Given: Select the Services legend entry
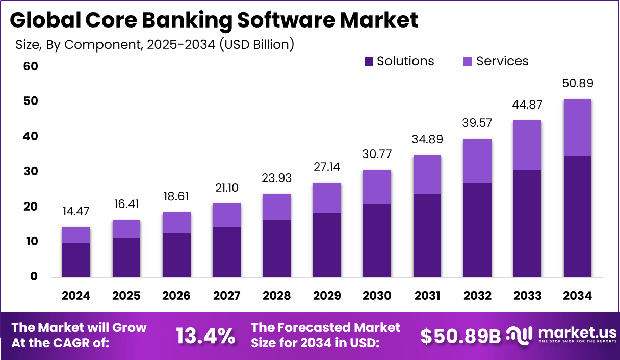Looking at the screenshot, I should (x=496, y=61).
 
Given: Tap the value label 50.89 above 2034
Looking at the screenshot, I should (x=578, y=84).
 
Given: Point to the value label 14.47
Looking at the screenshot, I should (x=76, y=212).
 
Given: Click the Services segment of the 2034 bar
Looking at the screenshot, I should (x=578, y=127).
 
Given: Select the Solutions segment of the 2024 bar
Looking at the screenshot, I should (x=76, y=260).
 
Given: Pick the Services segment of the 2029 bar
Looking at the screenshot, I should (x=326, y=198).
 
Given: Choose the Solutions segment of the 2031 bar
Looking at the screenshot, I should (x=427, y=236).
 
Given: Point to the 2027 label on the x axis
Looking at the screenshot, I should (x=226, y=296).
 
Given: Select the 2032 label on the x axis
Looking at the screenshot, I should (x=477, y=296).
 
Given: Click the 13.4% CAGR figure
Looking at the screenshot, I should (x=205, y=336).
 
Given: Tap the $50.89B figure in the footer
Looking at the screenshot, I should (x=460, y=336).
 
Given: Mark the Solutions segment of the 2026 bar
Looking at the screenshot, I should (x=176, y=255).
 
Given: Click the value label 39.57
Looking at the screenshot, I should (x=477, y=123).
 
